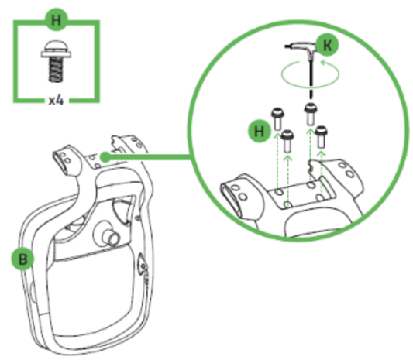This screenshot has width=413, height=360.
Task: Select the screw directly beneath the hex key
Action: pyautogui.click(x=311, y=113)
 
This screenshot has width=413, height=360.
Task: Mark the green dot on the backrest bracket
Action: pyautogui.click(x=103, y=156)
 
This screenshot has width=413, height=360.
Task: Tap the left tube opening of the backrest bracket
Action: pyautogui.click(x=60, y=159)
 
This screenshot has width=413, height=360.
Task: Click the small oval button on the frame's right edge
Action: pyautogui.click(x=142, y=266)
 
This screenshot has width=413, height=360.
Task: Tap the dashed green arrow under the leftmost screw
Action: pyautogui.click(x=276, y=170)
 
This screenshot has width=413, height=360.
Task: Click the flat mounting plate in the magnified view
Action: pyautogui.click(x=298, y=197)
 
